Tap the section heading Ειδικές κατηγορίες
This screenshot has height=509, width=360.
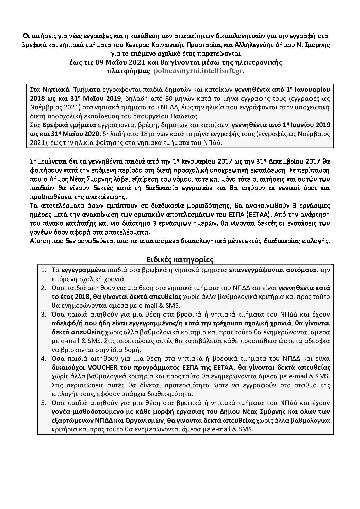pyautogui.click(x=180, y=260)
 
